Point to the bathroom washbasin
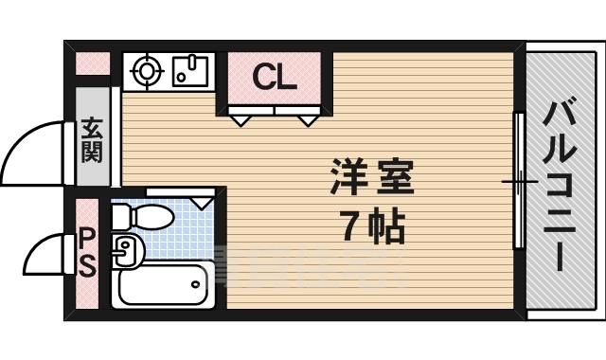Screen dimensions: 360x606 pyautogui.click(x=126, y=250)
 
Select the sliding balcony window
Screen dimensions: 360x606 pyautogui.click(x=520, y=180)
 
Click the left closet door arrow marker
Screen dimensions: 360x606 pyautogui.click(x=241, y=118)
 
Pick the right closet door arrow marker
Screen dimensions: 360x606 pyautogui.click(x=308, y=118)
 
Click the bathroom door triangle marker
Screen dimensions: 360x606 pyautogui.click(x=202, y=201)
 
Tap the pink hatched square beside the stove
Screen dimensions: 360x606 pyautogui.click(x=93, y=64)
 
